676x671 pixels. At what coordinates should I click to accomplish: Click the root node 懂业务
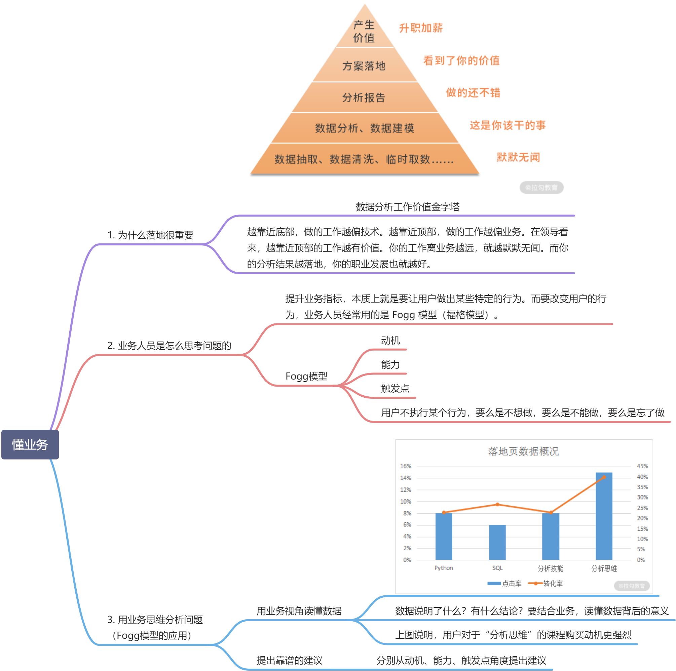30,444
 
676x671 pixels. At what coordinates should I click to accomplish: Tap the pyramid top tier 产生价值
364,32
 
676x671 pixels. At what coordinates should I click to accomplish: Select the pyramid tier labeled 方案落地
364,66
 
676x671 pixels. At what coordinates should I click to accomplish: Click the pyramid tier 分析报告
364,97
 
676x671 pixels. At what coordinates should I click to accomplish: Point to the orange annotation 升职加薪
421,28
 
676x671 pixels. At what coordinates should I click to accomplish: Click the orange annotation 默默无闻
518,157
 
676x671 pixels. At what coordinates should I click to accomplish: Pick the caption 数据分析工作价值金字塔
408,207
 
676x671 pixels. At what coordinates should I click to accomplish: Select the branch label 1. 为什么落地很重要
150,235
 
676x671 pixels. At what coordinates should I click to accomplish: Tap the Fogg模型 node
306,376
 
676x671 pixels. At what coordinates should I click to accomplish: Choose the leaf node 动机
390,340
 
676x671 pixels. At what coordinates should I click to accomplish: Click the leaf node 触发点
396,389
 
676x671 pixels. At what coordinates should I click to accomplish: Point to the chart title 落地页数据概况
523,451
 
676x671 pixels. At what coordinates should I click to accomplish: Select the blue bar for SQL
497,542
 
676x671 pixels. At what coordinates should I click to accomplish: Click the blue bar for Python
444,537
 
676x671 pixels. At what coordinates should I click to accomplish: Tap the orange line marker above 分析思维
604,477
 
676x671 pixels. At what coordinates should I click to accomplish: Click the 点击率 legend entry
504,583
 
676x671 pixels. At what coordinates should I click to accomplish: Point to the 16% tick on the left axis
406,466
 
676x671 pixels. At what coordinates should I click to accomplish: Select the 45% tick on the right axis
642,466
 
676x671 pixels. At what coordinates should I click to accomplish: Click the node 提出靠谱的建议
289,660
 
